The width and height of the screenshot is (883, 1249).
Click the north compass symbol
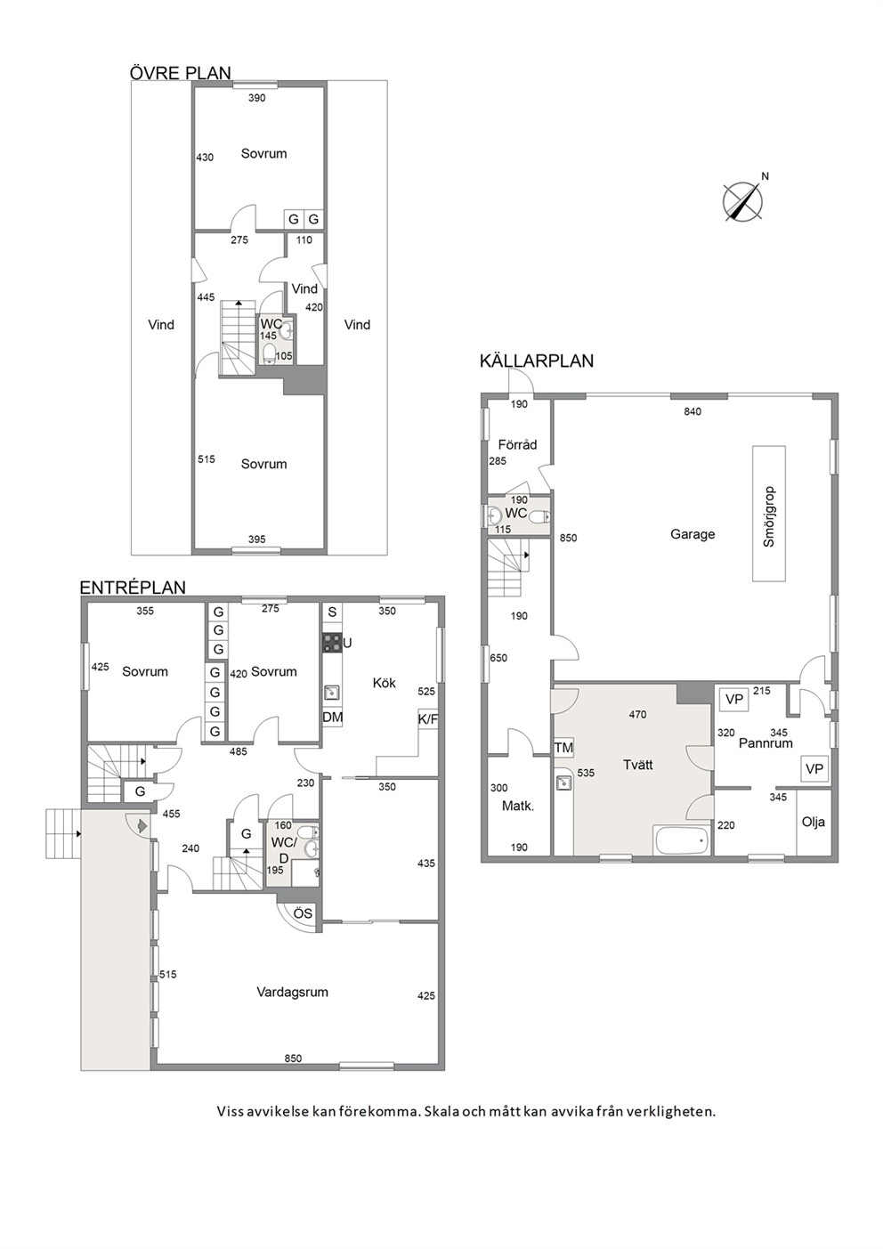(x=743, y=200)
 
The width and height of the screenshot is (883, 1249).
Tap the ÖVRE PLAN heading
(x=180, y=73)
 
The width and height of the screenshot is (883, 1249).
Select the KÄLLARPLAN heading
(x=536, y=361)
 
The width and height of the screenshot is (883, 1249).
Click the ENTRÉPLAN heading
(x=133, y=588)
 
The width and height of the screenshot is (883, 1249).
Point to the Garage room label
(x=693, y=534)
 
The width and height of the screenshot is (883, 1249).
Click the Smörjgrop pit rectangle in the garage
(x=769, y=514)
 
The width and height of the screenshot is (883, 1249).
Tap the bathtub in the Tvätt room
(x=682, y=841)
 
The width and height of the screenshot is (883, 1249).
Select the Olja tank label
(x=814, y=822)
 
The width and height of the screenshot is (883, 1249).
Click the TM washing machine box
(x=563, y=748)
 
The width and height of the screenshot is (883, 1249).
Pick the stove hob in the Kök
(x=332, y=643)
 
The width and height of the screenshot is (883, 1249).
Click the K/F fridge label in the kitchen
(x=427, y=720)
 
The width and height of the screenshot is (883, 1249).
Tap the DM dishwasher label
(x=332, y=718)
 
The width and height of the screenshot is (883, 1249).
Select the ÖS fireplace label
(x=303, y=913)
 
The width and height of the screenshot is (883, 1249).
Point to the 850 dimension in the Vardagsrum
(x=293, y=1058)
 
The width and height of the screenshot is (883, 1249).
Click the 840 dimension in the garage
(x=693, y=411)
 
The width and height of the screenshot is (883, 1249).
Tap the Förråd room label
(x=517, y=444)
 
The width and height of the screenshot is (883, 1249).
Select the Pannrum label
(x=766, y=743)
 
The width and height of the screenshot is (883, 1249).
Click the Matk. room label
(x=518, y=806)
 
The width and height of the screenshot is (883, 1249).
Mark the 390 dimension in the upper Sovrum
(x=256, y=98)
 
